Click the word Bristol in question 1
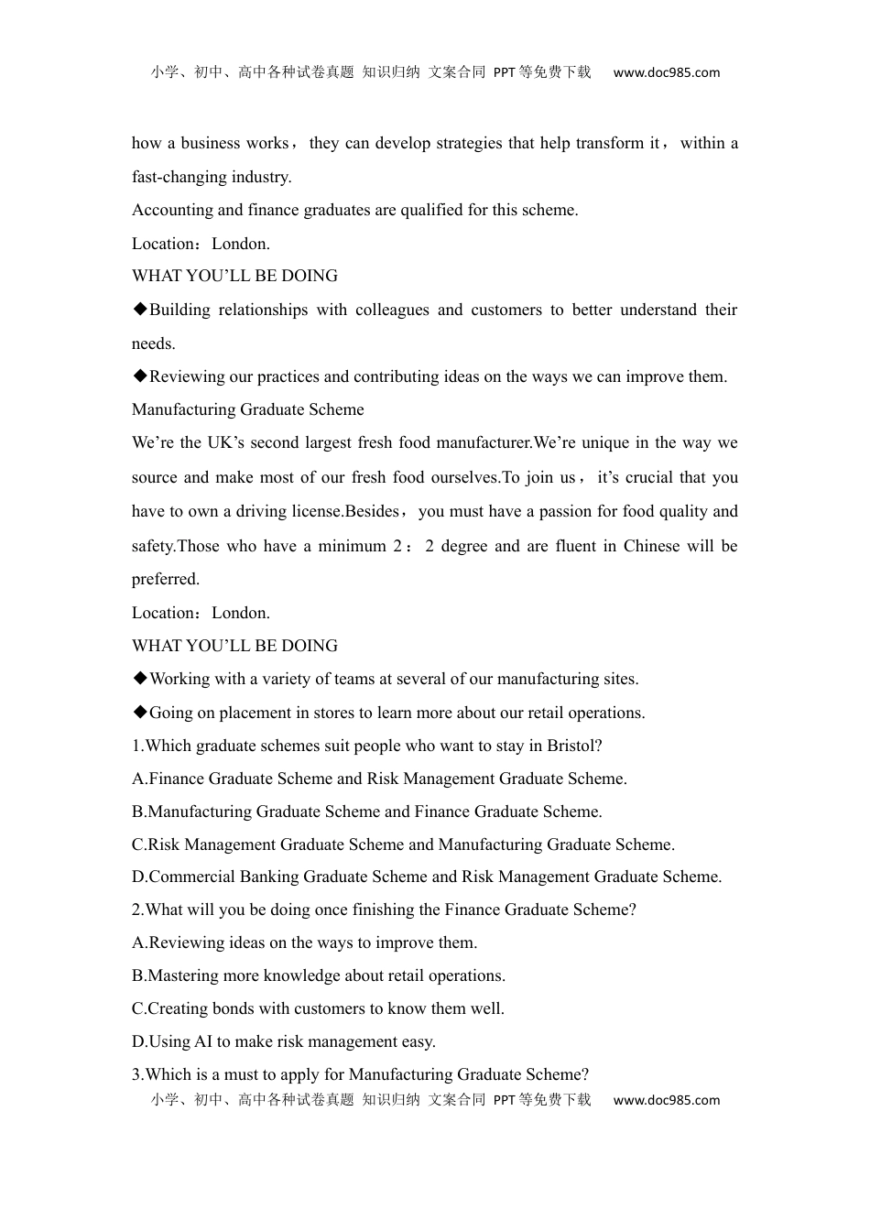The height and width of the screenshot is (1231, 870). pyautogui.click(x=572, y=746)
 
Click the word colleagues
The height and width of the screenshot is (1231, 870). pyautogui.click(x=391, y=310)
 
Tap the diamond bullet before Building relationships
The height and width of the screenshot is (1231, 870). pyautogui.click(x=140, y=310)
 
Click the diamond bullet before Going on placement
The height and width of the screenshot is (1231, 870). pyautogui.click(x=140, y=713)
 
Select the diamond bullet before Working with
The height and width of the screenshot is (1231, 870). pyautogui.click(x=140, y=679)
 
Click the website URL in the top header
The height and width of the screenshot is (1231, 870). pyautogui.click(x=666, y=72)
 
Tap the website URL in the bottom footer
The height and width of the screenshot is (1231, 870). pyautogui.click(x=666, y=1100)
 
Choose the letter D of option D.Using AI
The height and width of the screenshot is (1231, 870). pyautogui.click(x=138, y=1041)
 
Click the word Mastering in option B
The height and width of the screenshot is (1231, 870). pyautogui.click(x=184, y=975)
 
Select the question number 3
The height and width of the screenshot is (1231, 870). pyautogui.click(x=136, y=1074)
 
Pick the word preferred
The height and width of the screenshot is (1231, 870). pyautogui.click(x=165, y=579)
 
